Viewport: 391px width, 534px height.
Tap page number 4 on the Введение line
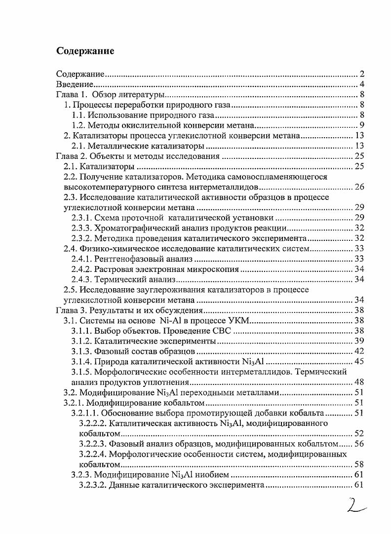tap(362, 85)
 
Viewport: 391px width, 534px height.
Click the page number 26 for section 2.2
tap(359, 187)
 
